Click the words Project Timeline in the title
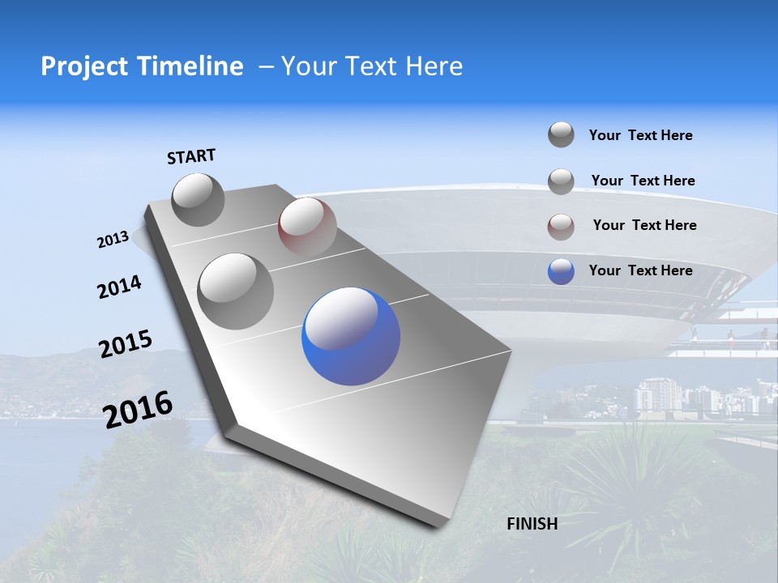click(x=142, y=66)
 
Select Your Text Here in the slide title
click(x=372, y=66)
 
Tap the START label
click(x=191, y=156)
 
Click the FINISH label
click(x=532, y=524)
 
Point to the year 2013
click(x=113, y=240)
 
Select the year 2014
click(x=119, y=287)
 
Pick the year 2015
click(x=126, y=344)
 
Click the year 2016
click(x=138, y=409)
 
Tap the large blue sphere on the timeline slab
click(x=351, y=336)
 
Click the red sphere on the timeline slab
click(x=307, y=226)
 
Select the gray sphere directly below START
click(x=199, y=199)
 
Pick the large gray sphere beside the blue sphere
click(x=236, y=291)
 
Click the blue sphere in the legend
click(x=561, y=271)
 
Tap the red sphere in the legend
click(x=561, y=227)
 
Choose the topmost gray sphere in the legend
click(x=561, y=134)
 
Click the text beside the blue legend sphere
click(x=640, y=270)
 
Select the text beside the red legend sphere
click(x=644, y=225)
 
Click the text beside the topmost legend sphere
click(x=640, y=135)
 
